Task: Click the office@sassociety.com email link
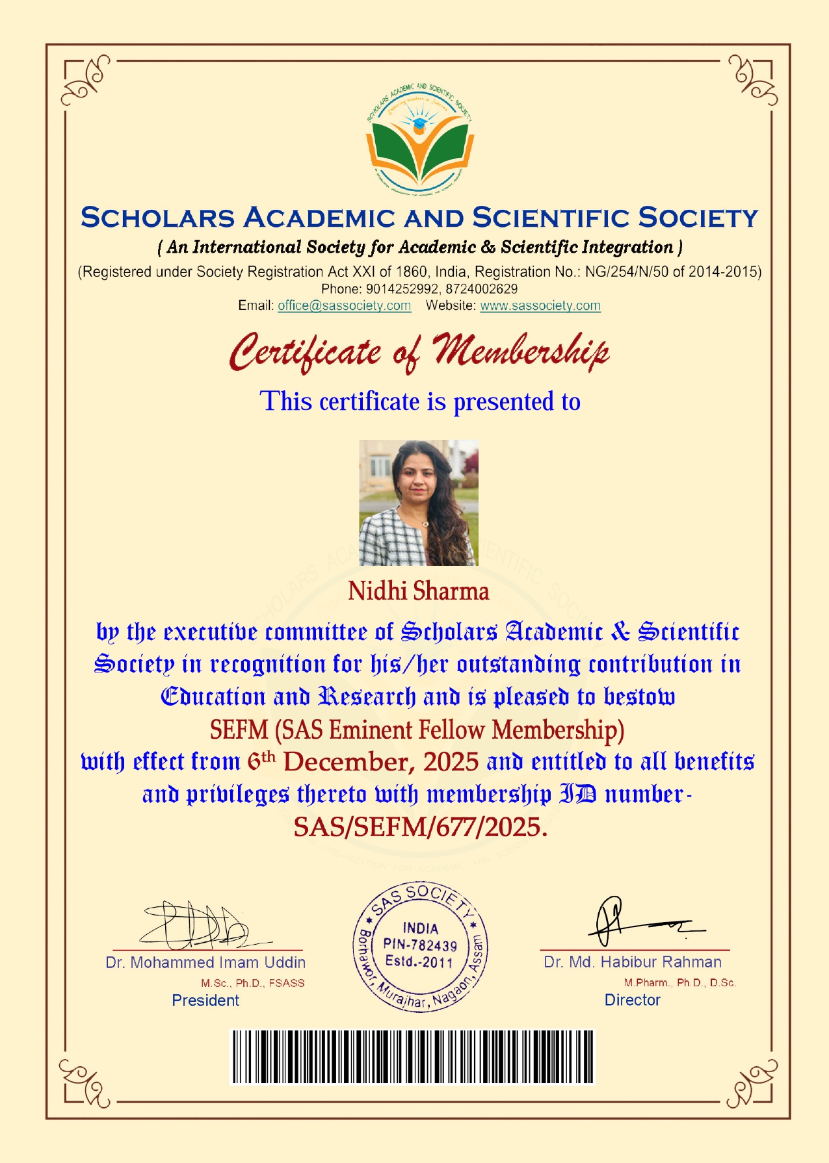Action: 344,306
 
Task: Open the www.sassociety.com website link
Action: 540,306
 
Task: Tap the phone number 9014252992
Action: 402,289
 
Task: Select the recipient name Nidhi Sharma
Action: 418,591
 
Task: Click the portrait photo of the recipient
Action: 419,503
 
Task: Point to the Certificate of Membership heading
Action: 419,351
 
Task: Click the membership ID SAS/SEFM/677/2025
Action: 419,827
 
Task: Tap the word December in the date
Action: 349,762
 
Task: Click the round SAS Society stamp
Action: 420,946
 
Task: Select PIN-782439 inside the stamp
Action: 420,945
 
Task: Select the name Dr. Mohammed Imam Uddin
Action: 205,963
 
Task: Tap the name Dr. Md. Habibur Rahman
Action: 633,962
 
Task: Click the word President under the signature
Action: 205,1001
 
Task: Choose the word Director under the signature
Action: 633,1001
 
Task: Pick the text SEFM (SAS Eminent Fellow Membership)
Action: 417,730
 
